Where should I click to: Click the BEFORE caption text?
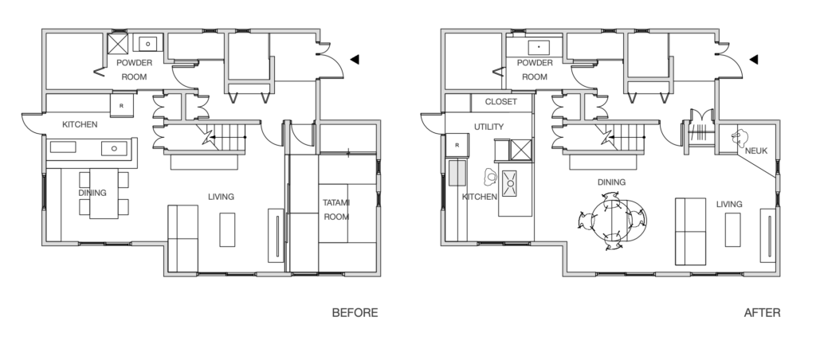click(355, 313)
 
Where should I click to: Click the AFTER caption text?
click(761, 313)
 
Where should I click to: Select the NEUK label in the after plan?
click(756, 149)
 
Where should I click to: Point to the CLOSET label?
click(500, 102)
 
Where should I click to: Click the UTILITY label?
click(488, 127)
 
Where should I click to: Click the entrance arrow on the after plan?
click(753, 59)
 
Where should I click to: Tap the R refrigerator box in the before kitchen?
click(121, 105)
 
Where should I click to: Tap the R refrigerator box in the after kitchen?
click(457, 145)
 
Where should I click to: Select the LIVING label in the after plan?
click(728, 205)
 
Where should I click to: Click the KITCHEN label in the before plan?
click(80, 125)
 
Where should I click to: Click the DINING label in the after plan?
click(611, 182)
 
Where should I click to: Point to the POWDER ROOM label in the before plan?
click(134, 69)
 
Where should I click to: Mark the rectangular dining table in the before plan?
click(103, 193)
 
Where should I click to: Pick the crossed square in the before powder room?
click(119, 44)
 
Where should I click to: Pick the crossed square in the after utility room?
click(520, 149)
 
